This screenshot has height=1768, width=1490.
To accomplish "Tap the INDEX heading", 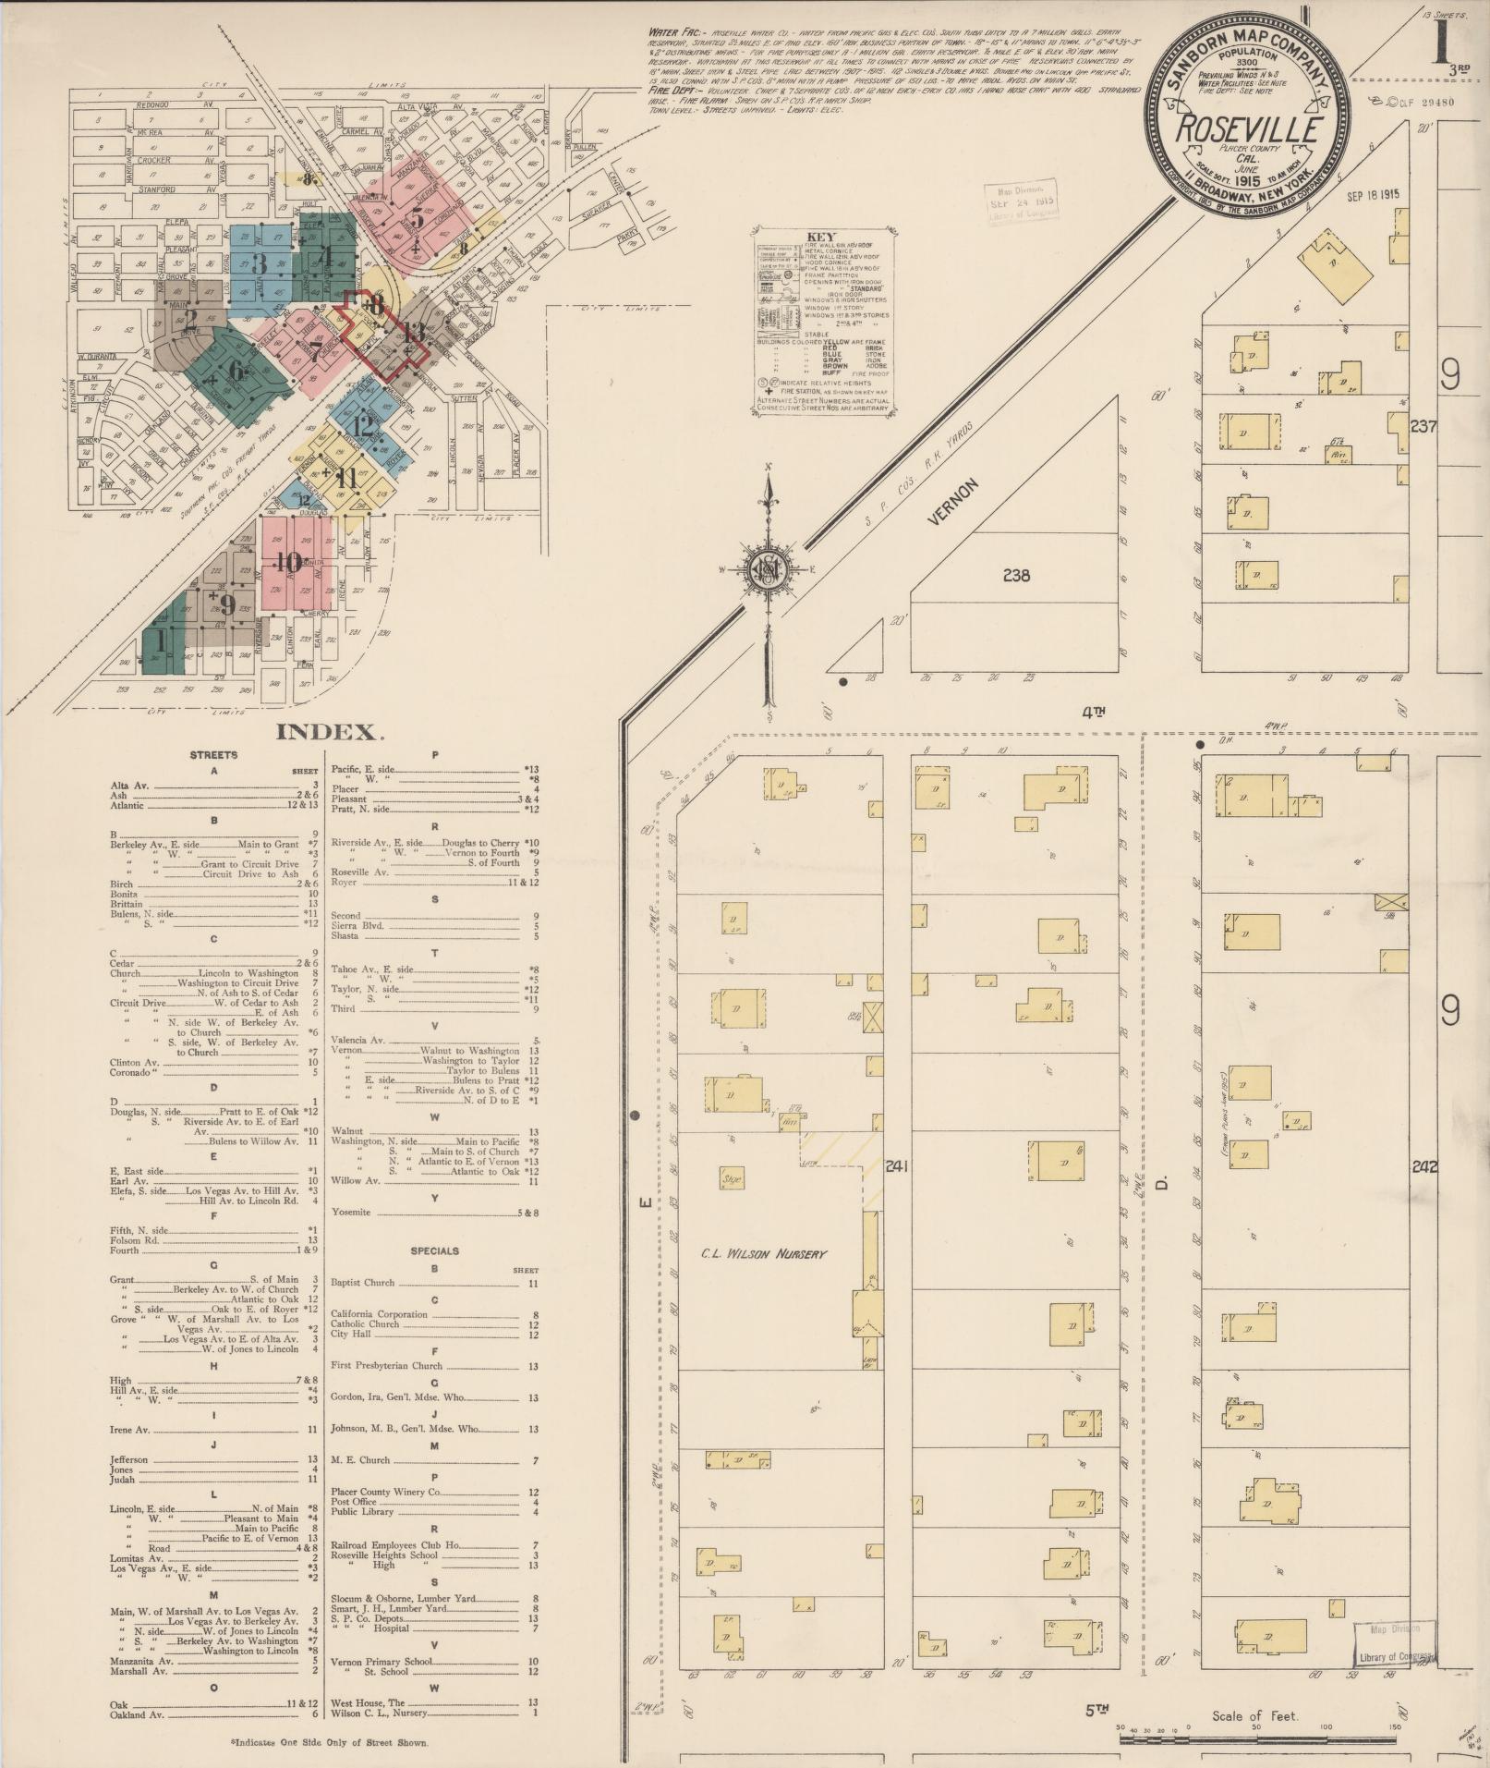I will pyautogui.click(x=329, y=733).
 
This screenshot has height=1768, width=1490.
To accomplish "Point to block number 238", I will pyautogui.click(x=1016, y=575).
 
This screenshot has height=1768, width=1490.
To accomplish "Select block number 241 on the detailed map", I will pyautogui.click(x=895, y=1166).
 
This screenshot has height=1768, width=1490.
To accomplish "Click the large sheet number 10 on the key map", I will pyautogui.click(x=288, y=561).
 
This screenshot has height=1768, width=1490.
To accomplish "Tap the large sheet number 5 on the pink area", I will pyautogui.click(x=417, y=218).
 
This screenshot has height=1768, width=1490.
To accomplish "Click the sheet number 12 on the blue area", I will pyautogui.click(x=362, y=426).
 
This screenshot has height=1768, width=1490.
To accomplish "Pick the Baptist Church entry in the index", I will pyautogui.click(x=362, y=1283).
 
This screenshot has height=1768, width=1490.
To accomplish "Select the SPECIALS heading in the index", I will pyautogui.click(x=434, y=1251).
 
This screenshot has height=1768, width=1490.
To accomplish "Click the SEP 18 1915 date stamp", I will pyautogui.click(x=1373, y=196).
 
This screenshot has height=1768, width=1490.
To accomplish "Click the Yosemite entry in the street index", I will pyautogui.click(x=350, y=1212).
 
